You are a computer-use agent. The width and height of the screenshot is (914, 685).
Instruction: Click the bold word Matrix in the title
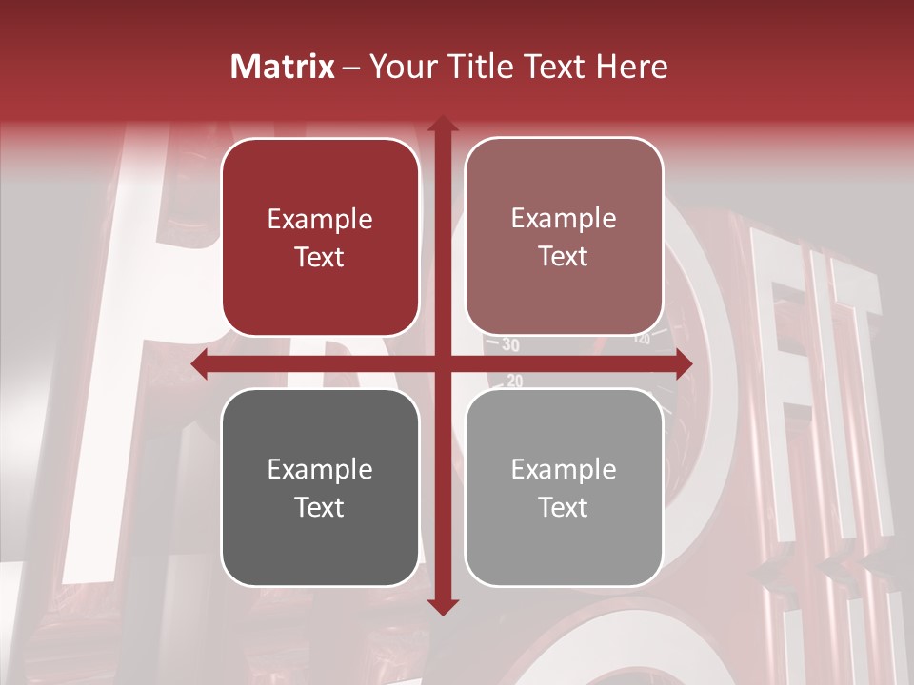coord(283,67)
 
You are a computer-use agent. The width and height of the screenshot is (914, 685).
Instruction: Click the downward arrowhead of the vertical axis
coord(442,606)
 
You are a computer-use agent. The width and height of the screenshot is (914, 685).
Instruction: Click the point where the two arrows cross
coord(442,364)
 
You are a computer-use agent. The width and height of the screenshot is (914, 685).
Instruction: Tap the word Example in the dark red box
coord(320,220)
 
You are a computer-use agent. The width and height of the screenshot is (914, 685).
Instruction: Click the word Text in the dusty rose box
coord(564,257)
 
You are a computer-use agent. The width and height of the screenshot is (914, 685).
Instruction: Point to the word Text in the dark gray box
coord(320,507)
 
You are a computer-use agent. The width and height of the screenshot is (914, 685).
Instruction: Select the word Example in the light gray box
coord(564,469)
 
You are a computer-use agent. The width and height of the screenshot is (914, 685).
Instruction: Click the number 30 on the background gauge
coord(510,344)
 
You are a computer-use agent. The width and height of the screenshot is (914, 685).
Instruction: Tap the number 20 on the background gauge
coord(514,381)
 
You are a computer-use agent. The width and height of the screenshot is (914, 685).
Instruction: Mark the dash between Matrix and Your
coord(351,68)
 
